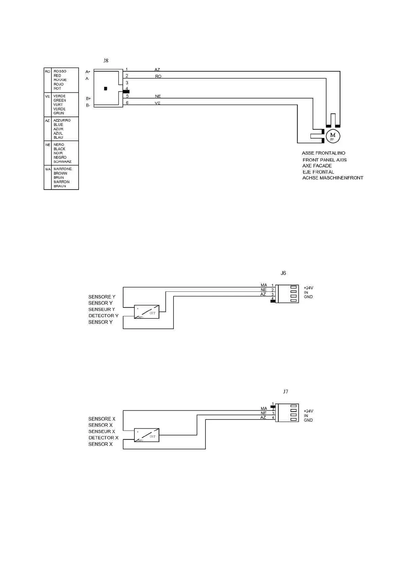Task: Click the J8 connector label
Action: [106, 60]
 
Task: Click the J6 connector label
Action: [283, 273]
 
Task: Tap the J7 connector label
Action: [285, 391]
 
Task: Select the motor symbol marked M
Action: [333, 136]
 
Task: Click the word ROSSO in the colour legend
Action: [60, 71]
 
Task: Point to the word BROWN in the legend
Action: [60, 173]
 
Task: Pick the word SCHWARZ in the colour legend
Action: [62, 162]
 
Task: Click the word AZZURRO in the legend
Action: [62, 120]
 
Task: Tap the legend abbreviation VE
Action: [47, 96]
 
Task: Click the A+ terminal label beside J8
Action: [88, 72]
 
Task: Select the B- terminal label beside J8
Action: [88, 105]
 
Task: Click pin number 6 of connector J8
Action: [127, 103]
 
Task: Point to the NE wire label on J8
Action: [158, 96]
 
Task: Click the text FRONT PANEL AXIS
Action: [324, 160]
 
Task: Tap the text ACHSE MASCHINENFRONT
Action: [333, 178]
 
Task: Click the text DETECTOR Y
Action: [103, 316]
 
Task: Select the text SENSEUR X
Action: [102, 431]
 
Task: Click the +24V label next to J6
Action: [308, 288]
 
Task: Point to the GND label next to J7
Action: [308, 420]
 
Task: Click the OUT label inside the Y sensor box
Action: [152, 313]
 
